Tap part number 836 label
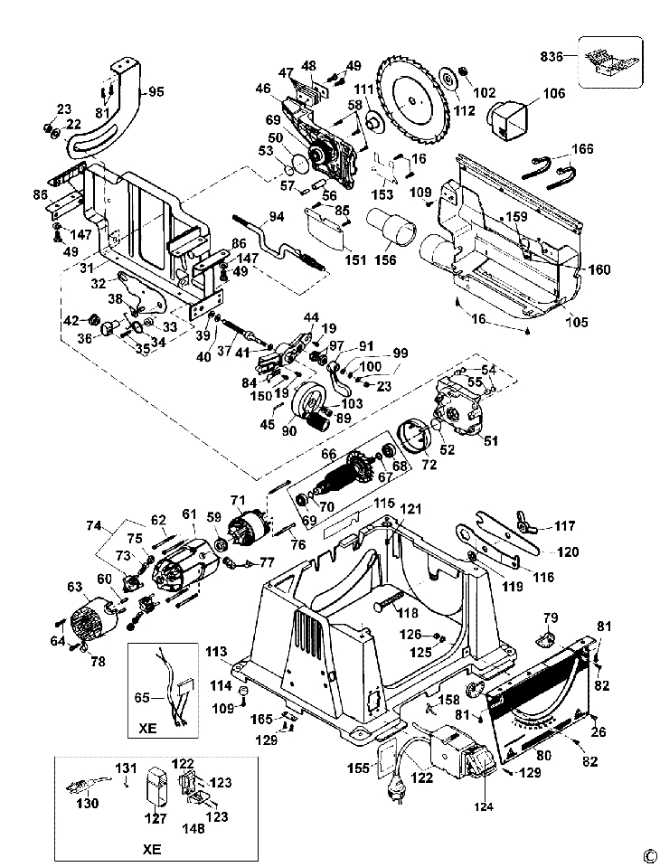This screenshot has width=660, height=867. pos(552,56)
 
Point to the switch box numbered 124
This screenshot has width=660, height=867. pos(463,752)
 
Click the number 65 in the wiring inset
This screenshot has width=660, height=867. pos(142,698)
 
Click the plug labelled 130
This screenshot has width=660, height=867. pos(89,785)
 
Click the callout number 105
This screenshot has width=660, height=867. pos(577,322)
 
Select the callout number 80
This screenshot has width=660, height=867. pos(544,754)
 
